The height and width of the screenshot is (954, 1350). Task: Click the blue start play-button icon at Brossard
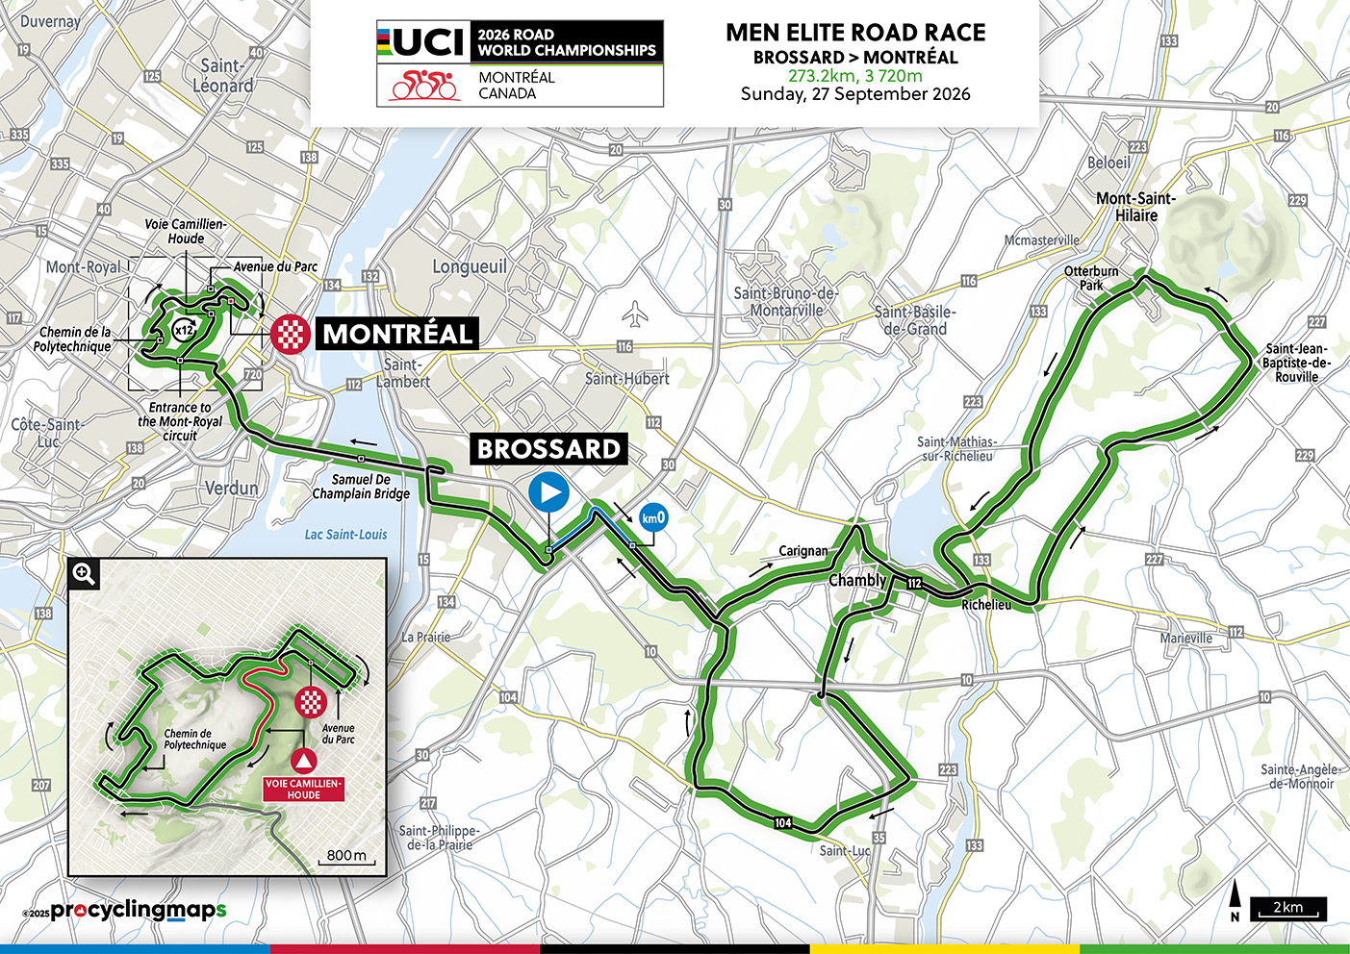click(548, 493)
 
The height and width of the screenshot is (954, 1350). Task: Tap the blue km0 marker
click(653, 517)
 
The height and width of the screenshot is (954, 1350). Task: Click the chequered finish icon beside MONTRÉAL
click(291, 334)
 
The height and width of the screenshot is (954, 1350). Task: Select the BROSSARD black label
click(548, 449)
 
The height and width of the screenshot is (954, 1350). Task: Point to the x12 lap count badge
click(183, 330)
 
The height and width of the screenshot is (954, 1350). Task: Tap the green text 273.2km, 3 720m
click(854, 76)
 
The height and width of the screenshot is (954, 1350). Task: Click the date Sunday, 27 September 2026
click(854, 94)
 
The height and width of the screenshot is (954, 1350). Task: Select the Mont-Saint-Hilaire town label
click(1135, 207)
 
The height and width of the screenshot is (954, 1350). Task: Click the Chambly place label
click(856, 580)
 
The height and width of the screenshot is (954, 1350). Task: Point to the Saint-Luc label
click(845, 850)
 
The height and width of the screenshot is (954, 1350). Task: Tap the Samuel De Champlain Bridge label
click(361, 487)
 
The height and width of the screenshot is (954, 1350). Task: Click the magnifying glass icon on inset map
click(85, 574)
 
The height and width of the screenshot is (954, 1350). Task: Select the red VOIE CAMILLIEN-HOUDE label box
click(303, 789)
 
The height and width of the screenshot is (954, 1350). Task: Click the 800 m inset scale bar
click(346, 857)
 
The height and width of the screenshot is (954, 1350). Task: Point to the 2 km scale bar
click(1287, 909)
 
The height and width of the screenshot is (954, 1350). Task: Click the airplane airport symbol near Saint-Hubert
click(634, 314)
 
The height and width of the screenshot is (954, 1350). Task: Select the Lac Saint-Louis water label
click(345, 535)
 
